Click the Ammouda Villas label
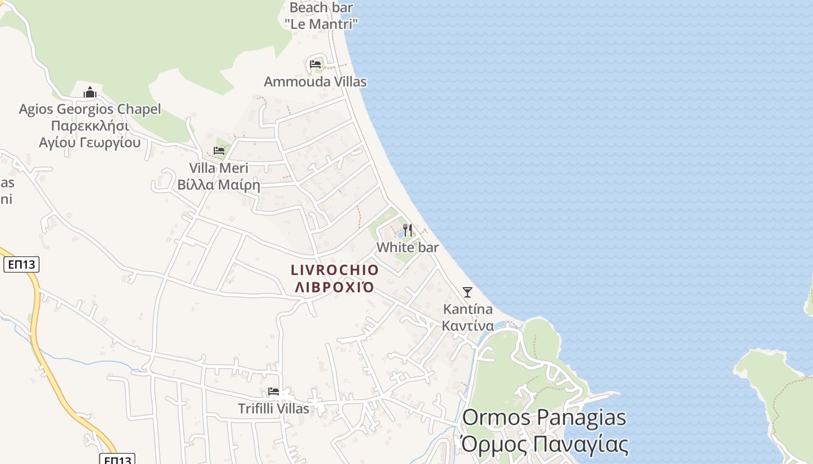pos(315,82)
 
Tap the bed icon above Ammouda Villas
pos(315,64)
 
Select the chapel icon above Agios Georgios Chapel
pos(90,92)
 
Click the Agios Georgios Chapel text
pos(90,109)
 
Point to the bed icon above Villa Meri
pos(219,150)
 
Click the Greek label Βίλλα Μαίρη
pos(218,185)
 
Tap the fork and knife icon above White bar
pos(408,230)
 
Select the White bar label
pos(408,247)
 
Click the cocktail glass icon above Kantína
pos(467,292)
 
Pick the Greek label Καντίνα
pos(467,325)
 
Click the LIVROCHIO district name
pos(334,270)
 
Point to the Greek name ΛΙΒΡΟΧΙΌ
pos(334,287)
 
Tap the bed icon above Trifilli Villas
pos(274,391)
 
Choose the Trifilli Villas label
pos(274,408)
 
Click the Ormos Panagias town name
pos(545,418)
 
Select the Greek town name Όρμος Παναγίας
pos(545,445)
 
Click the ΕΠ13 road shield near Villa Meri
pos(21,265)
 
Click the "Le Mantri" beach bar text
pos(321,24)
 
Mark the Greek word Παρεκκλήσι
pos(90,126)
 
